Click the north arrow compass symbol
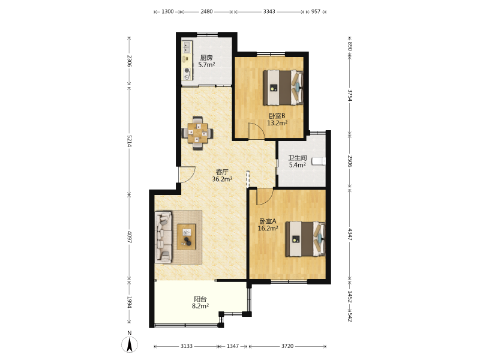(x=130, y=344)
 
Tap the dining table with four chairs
(x=197, y=133)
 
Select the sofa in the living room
(x=163, y=237)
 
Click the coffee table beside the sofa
(x=187, y=236)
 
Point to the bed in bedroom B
(x=283, y=88)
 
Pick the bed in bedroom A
(x=305, y=239)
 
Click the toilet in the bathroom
(x=319, y=161)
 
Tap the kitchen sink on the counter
(x=187, y=47)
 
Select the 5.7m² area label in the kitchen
(x=206, y=65)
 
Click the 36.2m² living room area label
(x=222, y=179)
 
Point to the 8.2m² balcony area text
(x=200, y=306)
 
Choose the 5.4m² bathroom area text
(x=297, y=165)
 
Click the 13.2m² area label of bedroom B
(x=277, y=123)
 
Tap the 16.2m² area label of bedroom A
(x=268, y=228)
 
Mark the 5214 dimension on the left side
(x=129, y=141)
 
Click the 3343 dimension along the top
(x=269, y=11)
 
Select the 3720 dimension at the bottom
(x=287, y=346)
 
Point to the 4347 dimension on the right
(x=350, y=234)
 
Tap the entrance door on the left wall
(x=187, y=175)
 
